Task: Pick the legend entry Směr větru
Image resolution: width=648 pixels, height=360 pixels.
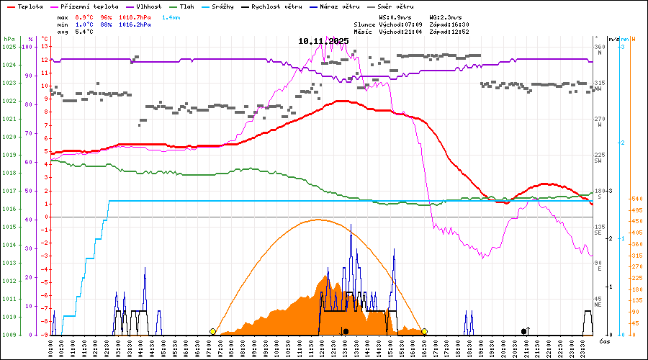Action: tap(395, 6)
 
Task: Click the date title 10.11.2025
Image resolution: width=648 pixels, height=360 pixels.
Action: tap(323, 41)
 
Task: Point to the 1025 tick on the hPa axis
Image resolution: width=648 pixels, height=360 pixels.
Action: tap(9, 47)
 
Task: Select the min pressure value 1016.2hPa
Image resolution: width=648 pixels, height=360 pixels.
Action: tap(135, 24)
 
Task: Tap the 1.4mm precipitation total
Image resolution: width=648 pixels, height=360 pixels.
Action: tap(171, 17)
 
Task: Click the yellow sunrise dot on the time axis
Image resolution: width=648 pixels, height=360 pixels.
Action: tap(212, 331)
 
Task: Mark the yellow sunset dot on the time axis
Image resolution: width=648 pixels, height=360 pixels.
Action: tap(424, 331)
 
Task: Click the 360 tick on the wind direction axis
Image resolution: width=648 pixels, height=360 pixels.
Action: tap(600, 47)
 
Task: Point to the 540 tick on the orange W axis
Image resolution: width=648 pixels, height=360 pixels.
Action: tap(636, 199)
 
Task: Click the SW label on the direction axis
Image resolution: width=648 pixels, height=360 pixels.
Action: tap(598, 161)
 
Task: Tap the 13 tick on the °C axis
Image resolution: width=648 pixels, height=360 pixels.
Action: tap(44, 47)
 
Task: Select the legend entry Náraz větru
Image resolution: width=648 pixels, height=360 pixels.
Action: tap(331, 6)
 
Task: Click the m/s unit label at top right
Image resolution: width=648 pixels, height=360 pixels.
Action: tap(613, 38)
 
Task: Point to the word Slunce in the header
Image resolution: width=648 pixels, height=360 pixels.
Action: tap(364, 24)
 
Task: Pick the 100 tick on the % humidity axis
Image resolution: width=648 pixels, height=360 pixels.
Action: tap(27, 47)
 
